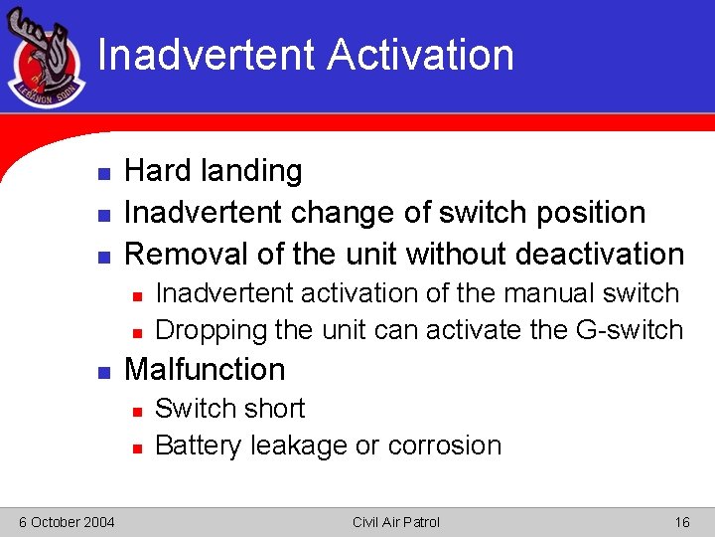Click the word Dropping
coord(212,329)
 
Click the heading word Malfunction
coord(204,369)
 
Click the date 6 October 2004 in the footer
coord(67,522)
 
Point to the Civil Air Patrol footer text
coord(395,522)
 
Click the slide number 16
coord(681,522)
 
